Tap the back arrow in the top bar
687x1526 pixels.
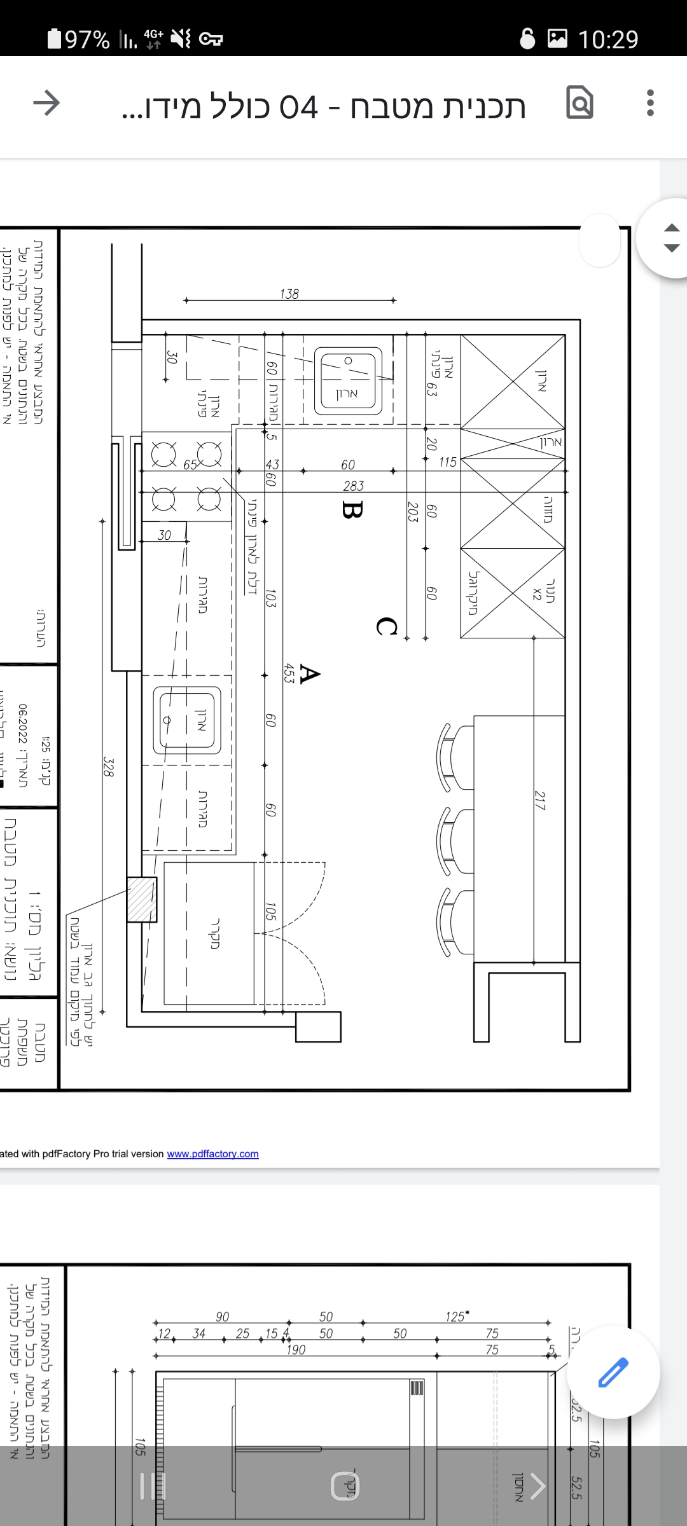(x=46, y=103)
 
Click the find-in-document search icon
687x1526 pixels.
(x=579, y=102)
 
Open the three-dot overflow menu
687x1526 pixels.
(x=649, y=103)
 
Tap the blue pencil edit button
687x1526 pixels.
(x=613, y=1371)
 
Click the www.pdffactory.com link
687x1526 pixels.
(x=212, y=1153)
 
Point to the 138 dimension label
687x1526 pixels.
(x=289, y=294)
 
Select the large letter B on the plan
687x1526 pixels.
(x=352, y=509)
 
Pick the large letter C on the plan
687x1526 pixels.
(x=386, y=626)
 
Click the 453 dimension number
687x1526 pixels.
(x=289, y=673)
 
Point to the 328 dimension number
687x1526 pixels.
(x=109, y=767)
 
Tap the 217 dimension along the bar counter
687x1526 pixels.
(x=540, y=800)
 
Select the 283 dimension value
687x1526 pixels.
(x=353, y=486)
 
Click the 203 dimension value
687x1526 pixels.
(x=413, y=511)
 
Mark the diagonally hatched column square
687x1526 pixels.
(x=141, y=900)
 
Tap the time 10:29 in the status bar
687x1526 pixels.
(x=607, y=39)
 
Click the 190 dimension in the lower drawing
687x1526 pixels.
(x=296, y=1349)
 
